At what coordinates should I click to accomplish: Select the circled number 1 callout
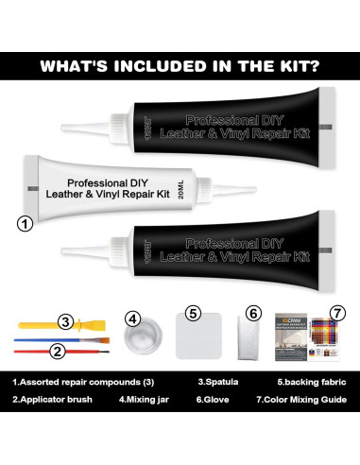pyautogui.click(x=26, y=225)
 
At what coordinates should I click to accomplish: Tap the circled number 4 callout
pyautogui.click(x=133, y=319)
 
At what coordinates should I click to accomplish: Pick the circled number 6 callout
pyautogui.click(x=252, y=313)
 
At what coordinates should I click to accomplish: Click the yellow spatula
pyautogui.click(x=38, y=321)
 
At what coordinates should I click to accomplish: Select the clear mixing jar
pyautogui.click(x=141, y=340)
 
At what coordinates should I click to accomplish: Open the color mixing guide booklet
pyautogui.click(x=308, y=340)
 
